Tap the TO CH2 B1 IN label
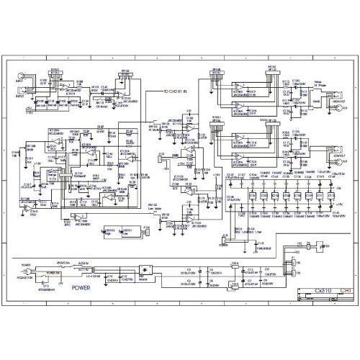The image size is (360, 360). pos(175,92)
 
